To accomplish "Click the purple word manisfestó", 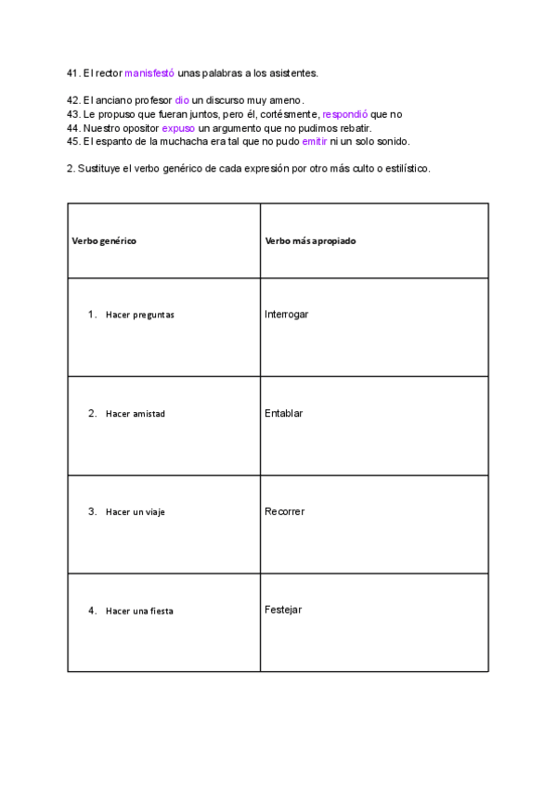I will point(149,72).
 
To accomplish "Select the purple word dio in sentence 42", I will point(182,100).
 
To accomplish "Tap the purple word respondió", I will point(344,114).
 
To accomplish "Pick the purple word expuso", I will point(178,128).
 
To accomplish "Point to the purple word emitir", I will point(315,142).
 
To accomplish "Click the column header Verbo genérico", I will point(104,240).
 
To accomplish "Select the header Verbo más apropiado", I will point(310,240).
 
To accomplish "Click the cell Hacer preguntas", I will point(139,315).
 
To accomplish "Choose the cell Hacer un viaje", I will point(135,512).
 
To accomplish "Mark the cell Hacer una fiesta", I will point(139,611).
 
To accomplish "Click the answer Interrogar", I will point(286,315).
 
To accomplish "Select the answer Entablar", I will point(283,413).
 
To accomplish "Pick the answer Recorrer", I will point(284,511).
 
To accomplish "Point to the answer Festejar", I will point(282,610).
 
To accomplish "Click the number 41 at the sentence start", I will point(73,72).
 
